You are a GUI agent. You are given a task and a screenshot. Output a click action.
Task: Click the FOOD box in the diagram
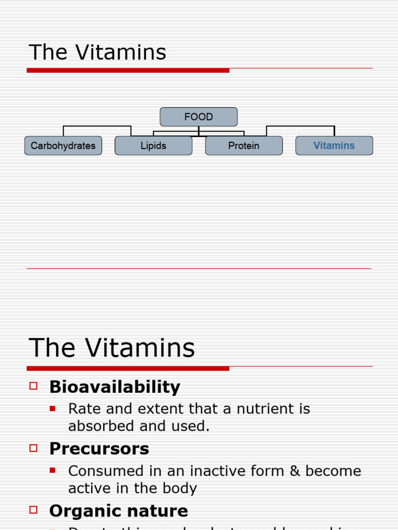(198, 117)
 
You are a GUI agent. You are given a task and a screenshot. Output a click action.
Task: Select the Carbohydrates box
(63, 145)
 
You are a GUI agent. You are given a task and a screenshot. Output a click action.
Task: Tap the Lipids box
(153, 145)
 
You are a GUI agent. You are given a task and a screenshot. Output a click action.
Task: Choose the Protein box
(244, 145)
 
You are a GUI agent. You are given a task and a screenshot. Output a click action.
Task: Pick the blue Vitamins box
(334, 145)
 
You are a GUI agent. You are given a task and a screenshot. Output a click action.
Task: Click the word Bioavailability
(115, 387)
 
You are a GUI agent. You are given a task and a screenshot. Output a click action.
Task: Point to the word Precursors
(99, 449)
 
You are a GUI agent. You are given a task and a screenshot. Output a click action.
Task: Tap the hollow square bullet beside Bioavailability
(34, 386)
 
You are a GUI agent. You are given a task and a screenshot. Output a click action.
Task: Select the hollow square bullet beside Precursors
(34, 448)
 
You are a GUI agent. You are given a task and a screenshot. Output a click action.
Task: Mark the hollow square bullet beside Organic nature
(34, 510)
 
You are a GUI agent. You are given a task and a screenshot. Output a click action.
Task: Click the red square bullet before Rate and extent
(52, 408)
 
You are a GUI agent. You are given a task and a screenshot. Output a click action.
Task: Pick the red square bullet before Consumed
(52, 470)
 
